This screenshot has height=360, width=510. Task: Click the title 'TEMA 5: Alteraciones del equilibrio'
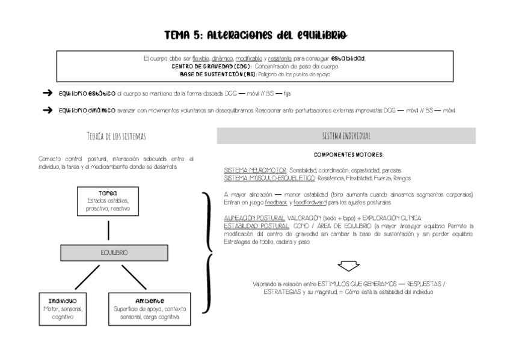255,35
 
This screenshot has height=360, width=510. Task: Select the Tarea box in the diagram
108,200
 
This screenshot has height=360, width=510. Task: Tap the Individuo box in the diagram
63,308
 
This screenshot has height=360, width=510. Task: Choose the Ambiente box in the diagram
150,308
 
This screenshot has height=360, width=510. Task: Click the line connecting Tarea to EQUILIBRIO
108,230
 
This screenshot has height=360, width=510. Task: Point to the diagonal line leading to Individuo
80,277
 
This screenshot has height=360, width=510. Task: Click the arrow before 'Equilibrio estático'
48,93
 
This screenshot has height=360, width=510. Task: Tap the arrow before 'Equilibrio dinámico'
48,111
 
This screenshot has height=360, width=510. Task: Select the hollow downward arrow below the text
348,265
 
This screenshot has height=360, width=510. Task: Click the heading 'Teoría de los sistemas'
116,136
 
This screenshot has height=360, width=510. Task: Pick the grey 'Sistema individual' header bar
346,136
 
